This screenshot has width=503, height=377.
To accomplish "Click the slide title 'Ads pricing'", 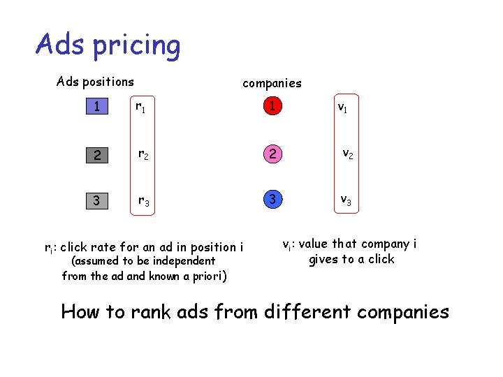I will click(x=108, y=45).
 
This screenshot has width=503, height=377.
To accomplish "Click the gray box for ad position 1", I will click(x=97, y=107).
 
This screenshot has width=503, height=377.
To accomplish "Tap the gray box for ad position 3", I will click(x=97, y=201).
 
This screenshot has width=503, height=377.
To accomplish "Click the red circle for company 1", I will click(x=272, y=107).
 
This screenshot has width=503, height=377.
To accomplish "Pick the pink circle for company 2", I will click(x=272, y=154).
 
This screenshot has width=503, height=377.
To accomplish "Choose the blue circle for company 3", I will click(x=272, y=200).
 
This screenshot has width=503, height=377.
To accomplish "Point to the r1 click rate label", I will click(x=140, y=108).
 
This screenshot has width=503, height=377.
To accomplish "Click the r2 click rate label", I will click(x=142, y=155).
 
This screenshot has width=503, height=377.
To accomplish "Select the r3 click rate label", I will click(x=142, y=202).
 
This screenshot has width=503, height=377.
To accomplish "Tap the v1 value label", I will click(x=344, y=108).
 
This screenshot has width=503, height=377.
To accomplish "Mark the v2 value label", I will click(x=347, y=154).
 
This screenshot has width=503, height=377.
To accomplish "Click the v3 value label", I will click(x=346, y=200).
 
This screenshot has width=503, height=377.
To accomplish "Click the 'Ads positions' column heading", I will click(x=95, y=82).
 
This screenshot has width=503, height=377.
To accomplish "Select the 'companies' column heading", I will click(x=272, y=83).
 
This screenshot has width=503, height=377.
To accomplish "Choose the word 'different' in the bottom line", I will click(x=306, y=311).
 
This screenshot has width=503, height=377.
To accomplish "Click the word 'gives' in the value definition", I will click(x=325, y=260).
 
